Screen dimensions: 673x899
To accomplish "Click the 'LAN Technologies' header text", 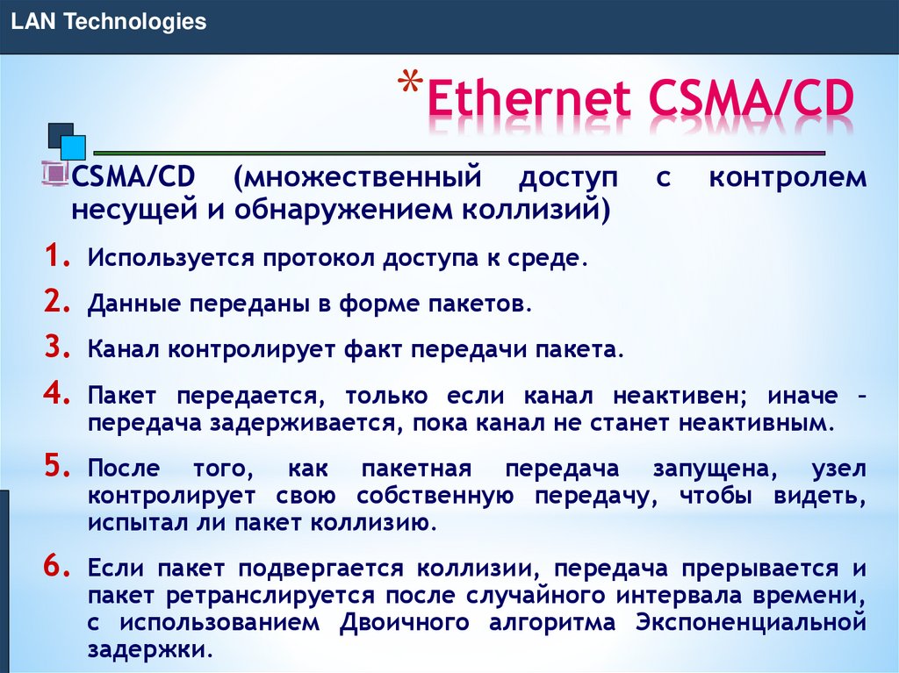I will [108, 22].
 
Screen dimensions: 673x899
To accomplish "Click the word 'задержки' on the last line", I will [147, 650].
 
